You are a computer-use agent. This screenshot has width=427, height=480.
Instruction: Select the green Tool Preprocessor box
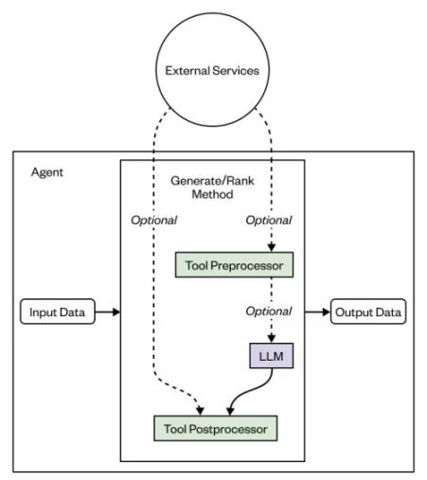point(233,265)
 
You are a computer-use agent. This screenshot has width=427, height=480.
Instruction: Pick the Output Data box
point(368,311)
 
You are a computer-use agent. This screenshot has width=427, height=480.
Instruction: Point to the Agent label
point(46,173)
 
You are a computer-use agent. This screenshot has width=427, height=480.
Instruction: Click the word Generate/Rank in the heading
point(211,180)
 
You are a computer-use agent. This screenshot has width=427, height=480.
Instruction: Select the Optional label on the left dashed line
point(153,221)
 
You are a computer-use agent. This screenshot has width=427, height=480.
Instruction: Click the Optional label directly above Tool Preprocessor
point(268,221)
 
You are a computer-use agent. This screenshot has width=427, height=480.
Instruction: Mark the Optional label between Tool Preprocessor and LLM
point(268,311)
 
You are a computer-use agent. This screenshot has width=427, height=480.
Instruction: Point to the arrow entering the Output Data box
point(317,311)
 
